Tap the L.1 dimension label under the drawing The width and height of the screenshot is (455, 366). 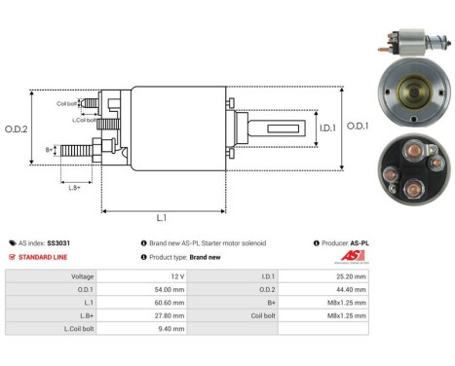[161, 219]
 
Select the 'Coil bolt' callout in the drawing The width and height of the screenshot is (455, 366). [66, 103]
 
